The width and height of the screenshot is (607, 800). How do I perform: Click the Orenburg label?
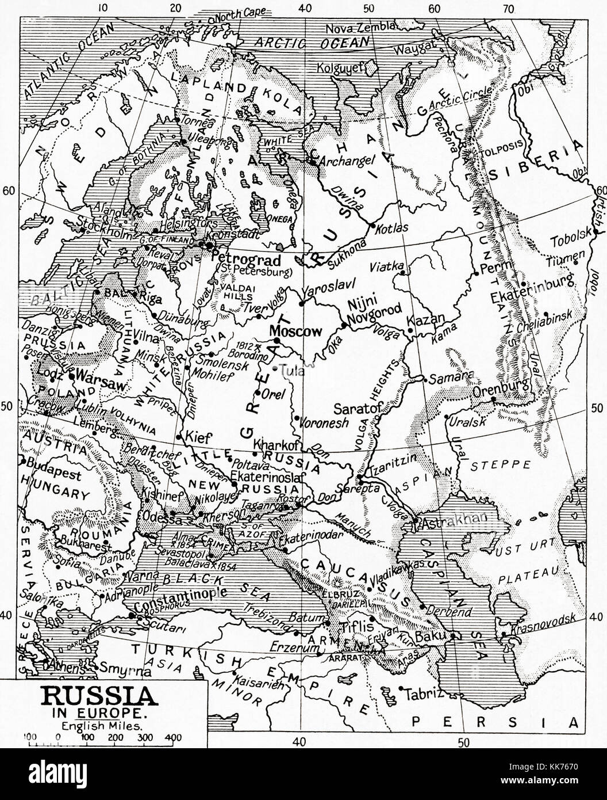(500, 392)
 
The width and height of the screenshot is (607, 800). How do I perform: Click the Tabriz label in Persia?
(425, 693)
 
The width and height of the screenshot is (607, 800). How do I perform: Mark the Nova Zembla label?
(360, 28)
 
